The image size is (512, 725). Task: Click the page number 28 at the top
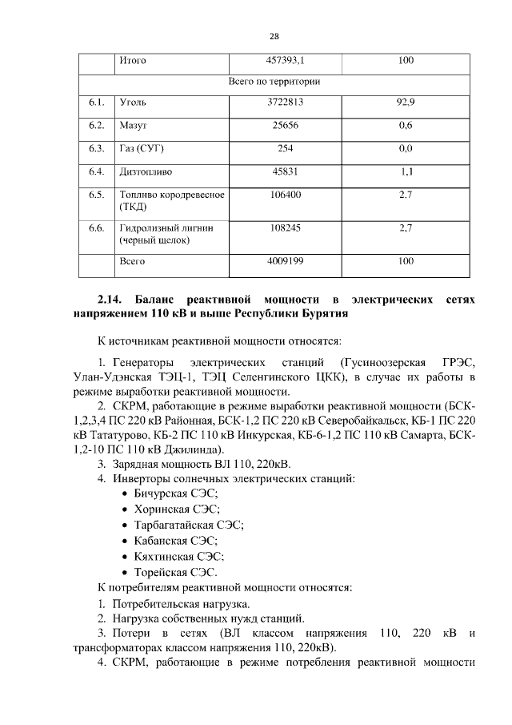[x=274, y=37]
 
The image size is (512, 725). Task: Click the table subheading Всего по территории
[x=274, y=82]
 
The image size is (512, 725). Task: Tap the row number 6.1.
[x=97, y=103]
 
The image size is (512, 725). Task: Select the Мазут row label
[x=134, y=126]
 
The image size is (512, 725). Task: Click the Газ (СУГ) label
[x=142, y=148]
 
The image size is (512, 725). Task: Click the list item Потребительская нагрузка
[x=182, y=602]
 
